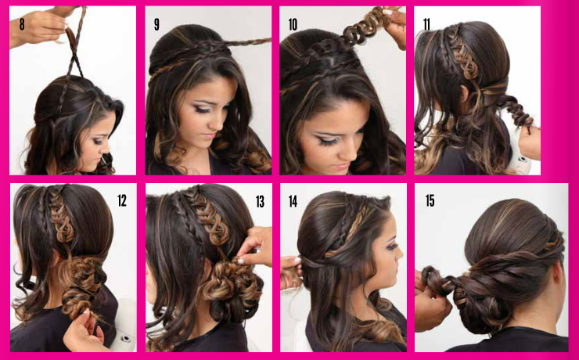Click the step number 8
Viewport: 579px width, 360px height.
pos(22,24)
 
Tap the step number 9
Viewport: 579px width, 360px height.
pos(157,25)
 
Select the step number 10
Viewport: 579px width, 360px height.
pos(293,25)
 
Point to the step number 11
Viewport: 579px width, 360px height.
pos(426,25)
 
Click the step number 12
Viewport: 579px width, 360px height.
pos(122,200)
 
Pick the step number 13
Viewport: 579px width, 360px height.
pos(260,202)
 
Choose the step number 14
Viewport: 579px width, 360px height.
pos(293,202)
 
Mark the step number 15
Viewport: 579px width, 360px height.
pos(430,201)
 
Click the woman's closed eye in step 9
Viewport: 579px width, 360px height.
pos(201,109)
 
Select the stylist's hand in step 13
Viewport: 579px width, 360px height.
pos(255,246)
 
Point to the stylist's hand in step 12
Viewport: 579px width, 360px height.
pos(83,330)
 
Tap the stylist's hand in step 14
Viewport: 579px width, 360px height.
pos(292,272)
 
